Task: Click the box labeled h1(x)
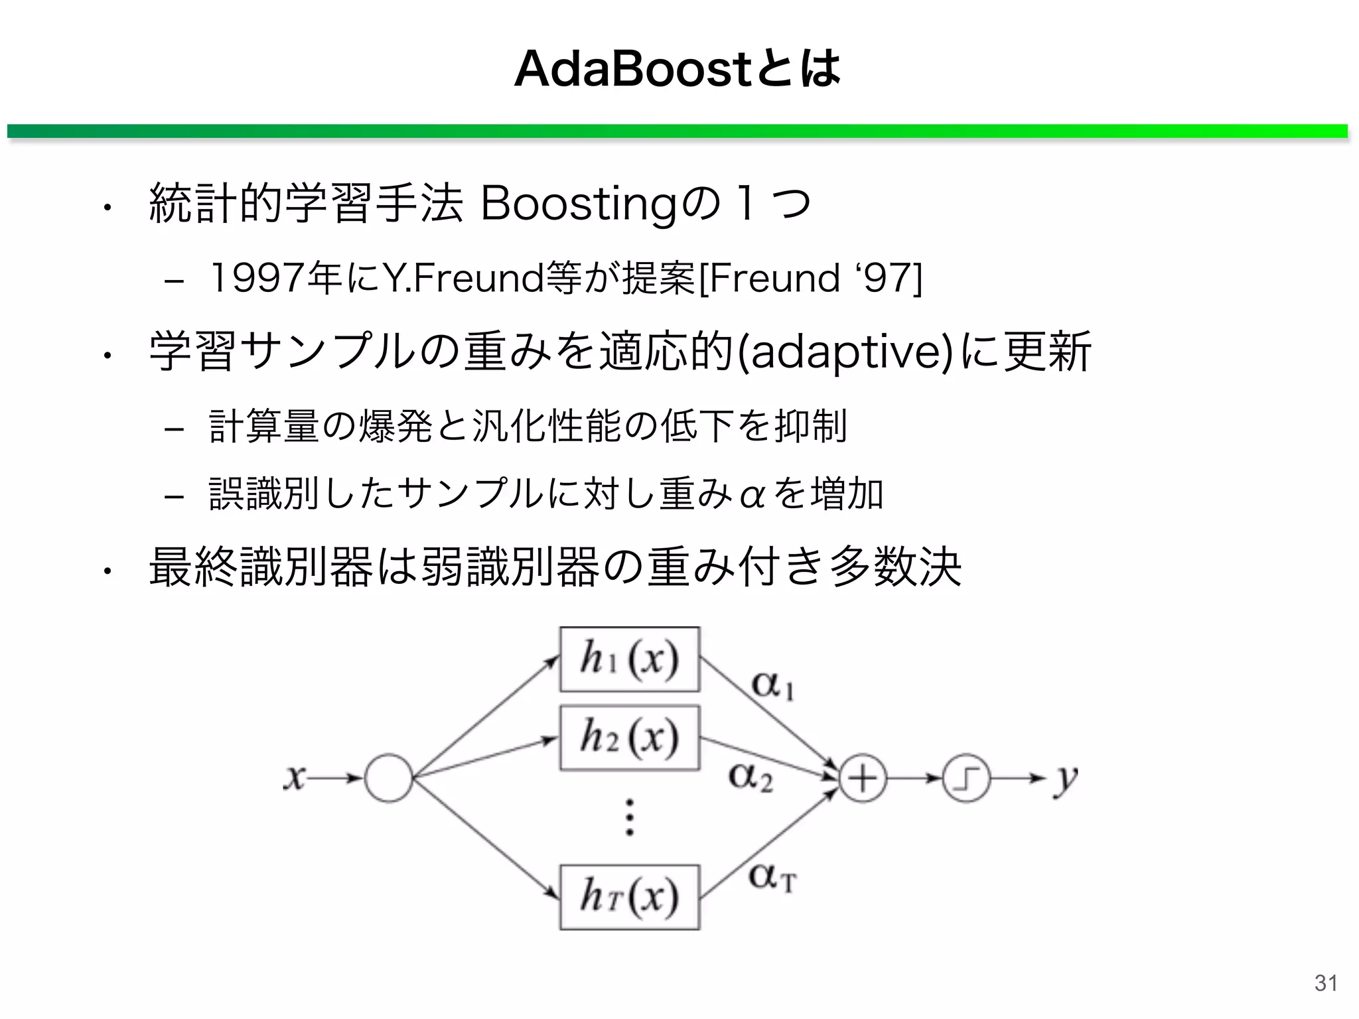[x=629, y=659]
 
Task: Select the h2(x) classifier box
[x=629, y=738]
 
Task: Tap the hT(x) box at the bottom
[x=629, y=897]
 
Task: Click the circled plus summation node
[x=863, y=779]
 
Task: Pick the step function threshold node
[x=966, y=779]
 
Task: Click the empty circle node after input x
[x=389, y=778]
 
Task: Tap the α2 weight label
[x=751, y=776]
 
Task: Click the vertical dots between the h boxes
[x=629, y=817]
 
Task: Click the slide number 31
[x=1326, y=983]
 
